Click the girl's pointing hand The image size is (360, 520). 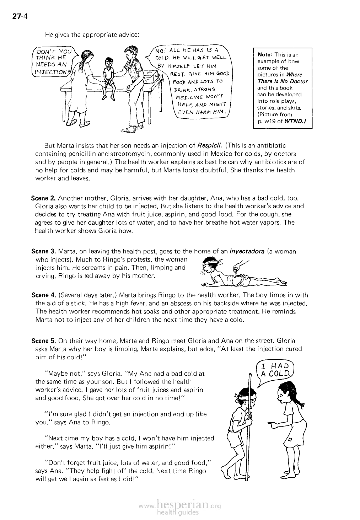273,424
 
